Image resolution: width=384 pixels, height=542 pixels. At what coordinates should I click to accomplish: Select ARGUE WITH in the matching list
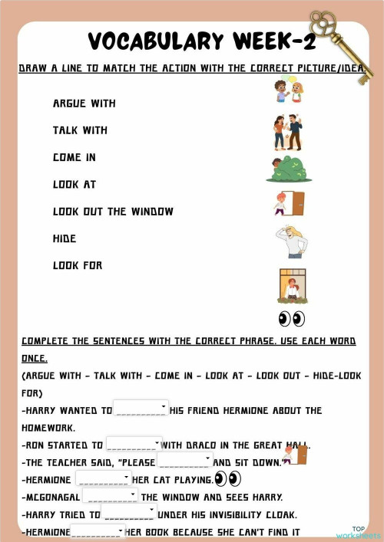pyautogui.click(x=84, y=103)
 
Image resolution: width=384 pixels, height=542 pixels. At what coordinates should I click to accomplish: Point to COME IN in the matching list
pyautogui.click(x=74, y=157)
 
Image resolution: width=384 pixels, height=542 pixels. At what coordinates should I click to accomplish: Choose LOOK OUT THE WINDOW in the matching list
pyautogui.click(x=113, y=212)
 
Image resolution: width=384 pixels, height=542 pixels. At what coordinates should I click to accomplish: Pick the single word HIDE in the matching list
pyautogui.click(x=65, y=239)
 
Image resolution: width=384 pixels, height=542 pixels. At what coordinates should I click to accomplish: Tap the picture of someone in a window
pyautogui.click(x=292, y=285)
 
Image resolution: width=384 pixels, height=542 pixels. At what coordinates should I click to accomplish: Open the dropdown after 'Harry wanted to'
pyautogui.click(x=141, y=408)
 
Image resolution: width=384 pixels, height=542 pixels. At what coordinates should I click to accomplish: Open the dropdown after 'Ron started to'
pyautogui.click(x=134, y=443)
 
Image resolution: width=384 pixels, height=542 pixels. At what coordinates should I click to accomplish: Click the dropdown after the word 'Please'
pyautogui.click(x=184, y=460)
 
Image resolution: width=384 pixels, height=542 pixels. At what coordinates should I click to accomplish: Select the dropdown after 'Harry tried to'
pyautogui.click(x=129, y=513)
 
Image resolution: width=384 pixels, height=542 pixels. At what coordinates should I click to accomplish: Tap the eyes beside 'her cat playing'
pyautogui.click(x=228, y=478)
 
